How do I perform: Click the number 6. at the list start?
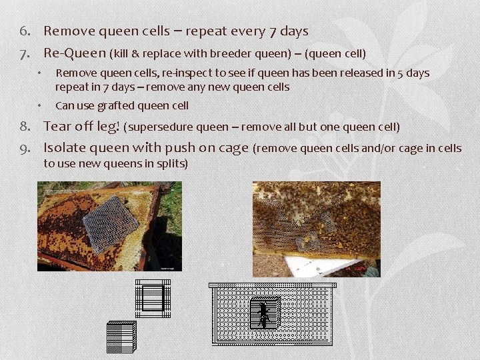pos(30,31)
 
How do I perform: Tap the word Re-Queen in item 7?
pos(75,53)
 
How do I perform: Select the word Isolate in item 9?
pos(65,148)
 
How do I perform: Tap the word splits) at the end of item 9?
pos(172,163)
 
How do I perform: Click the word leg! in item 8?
pos(105,126)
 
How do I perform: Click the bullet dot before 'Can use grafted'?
pos(41,105)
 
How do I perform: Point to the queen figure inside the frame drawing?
pos(263,313)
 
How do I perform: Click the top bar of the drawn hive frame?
pos(273,285)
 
